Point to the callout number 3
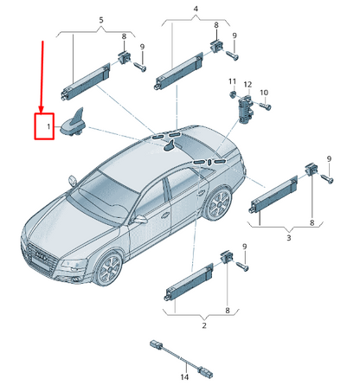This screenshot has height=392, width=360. click(x=287, y=234)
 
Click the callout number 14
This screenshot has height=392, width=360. click(x=183, y=377)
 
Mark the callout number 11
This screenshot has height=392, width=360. click(x=232, y=81)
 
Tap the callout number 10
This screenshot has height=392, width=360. click(x=264, y=93)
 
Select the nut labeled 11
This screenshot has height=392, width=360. click(x=232, y=93)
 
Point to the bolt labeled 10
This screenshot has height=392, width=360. click(x=264, y=106)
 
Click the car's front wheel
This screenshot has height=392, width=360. click(x=110, y=267)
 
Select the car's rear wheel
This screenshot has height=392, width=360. click(x=220, y=204)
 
